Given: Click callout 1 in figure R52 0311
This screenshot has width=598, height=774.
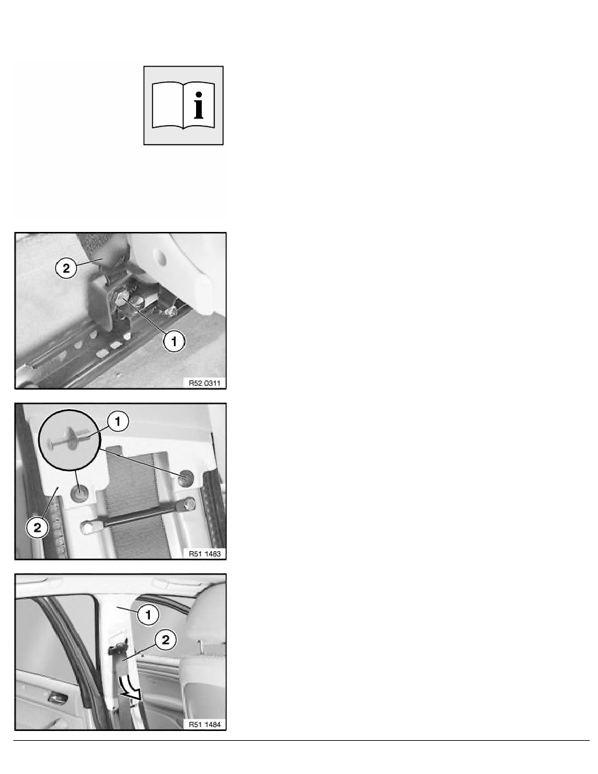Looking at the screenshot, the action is point(174,341).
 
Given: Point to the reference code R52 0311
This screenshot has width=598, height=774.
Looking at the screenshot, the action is point(205,383).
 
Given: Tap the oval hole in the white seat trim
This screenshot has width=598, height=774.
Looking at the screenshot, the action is point(160,255).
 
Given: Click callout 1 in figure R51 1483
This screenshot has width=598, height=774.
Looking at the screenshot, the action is point(117,422).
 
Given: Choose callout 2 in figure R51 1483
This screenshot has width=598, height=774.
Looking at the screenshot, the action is point(38,528).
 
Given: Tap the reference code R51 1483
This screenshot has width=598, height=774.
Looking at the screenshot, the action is point(205,554).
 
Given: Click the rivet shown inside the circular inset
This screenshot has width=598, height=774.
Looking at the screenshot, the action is point(68,439).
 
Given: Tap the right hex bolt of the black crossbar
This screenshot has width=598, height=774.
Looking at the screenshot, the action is point(188,504).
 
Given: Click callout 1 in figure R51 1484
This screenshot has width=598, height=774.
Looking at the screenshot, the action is point(148,614).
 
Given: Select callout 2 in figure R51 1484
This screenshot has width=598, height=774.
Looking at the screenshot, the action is point(165,640).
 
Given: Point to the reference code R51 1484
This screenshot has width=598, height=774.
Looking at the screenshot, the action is point(205,724).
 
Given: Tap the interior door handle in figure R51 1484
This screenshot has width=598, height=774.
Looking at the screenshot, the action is point(57,698).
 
